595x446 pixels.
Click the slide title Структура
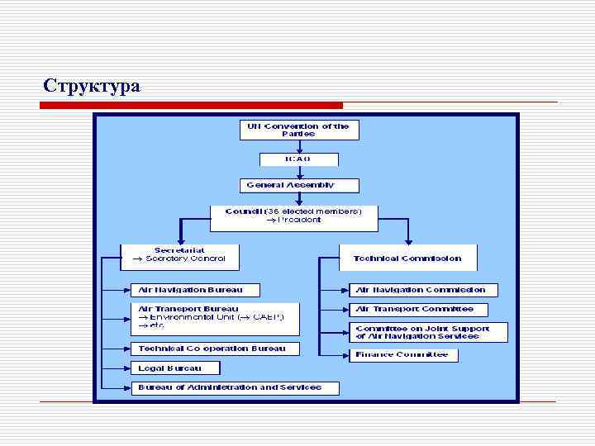(92, 86)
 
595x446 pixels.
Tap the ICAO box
(298, 159)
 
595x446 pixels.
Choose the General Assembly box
(290, 185)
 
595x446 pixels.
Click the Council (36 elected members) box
(293, 216)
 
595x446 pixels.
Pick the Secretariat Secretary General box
(180, 256)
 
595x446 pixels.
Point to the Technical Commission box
(407, 257)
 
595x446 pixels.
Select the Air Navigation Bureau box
(195, 290)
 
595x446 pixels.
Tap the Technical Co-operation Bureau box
(213, 349)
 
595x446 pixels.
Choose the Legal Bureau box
(176, 368)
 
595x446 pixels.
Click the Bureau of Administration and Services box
(226, 387)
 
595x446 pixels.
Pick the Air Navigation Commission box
(424, 290)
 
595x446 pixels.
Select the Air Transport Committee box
(418, 309)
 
